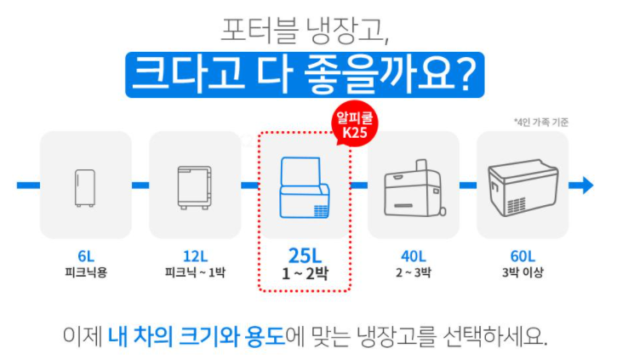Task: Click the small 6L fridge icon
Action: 85,185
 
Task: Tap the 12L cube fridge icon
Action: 194,185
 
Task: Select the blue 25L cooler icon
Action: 304,186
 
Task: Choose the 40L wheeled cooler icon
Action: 414,185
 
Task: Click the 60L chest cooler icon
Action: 522,185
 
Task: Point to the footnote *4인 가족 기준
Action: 541,122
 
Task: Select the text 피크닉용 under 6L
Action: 85,273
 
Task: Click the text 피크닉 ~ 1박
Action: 195,273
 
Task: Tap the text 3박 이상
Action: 523,273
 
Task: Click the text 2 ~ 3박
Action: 414,273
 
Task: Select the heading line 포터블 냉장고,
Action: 305,32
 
